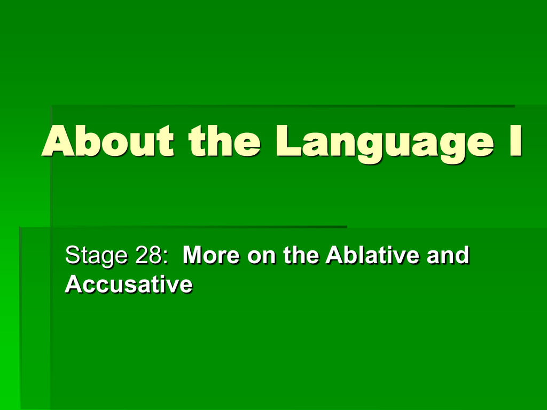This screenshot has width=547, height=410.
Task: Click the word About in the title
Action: tap(108, 140)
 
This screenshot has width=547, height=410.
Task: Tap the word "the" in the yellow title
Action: tap(224, 140)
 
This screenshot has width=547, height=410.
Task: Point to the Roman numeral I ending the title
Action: tap(515, 140)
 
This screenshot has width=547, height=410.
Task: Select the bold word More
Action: tap(211, 255)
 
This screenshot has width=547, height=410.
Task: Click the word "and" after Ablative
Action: tap(448, 255)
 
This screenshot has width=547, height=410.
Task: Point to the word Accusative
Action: tap(129, 284)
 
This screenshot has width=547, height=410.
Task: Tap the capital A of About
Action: tap(59, 140)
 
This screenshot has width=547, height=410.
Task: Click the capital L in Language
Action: tap(288, 140)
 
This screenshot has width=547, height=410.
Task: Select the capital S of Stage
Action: tap(73, 255)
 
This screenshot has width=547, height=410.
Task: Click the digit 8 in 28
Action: tap(155, 255)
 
